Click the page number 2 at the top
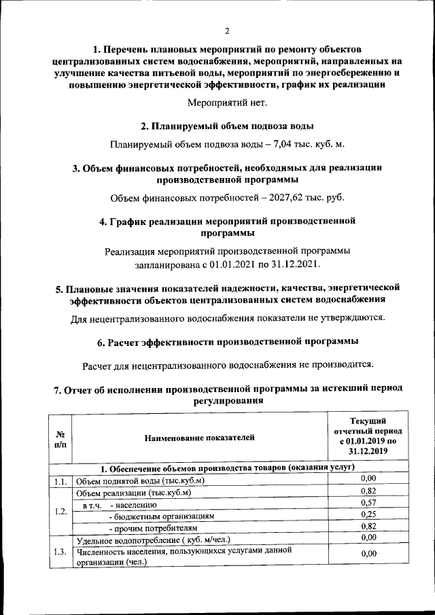pyautogui.click(x=228, y=31)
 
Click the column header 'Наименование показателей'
pyautogui.click(x=198, y=438)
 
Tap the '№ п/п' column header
pyautogui.click(x=60, y=438)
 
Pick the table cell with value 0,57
pyautogui.click(x=368, y=503)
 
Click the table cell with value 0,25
pyautogui.click(x=368, y=514)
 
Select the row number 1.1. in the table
pyautogui.click(x=60, y=481)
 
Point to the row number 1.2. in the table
pyautogui.click(x=60, y=509)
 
